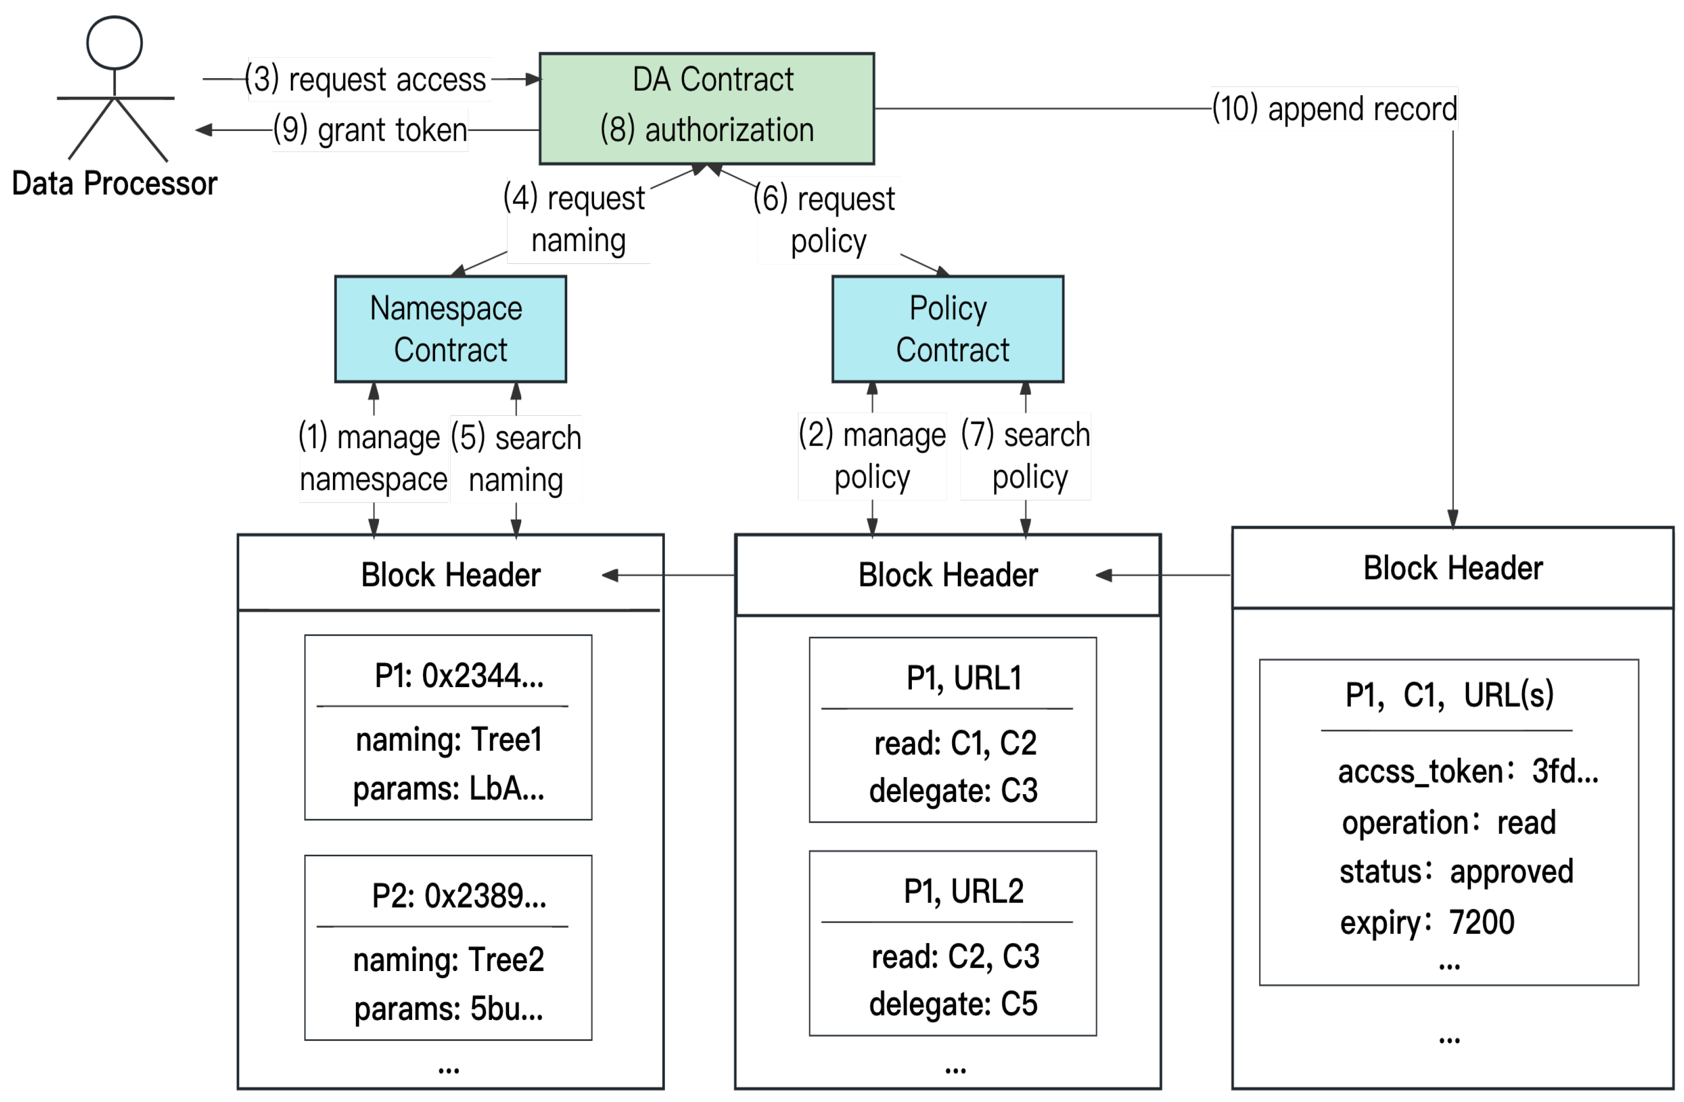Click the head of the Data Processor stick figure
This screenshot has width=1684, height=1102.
tap(114, 43)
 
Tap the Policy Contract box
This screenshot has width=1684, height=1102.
tap(948, 329)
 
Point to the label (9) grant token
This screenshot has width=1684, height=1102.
tap(370, 130)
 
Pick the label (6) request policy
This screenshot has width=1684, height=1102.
tap(826, 220)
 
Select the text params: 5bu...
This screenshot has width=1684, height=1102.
tap(448, 1009)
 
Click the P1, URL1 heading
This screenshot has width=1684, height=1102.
tap(964, 678)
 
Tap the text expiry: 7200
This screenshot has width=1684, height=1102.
tap(1427, 922)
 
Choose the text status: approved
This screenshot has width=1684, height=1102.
tap(1456, 871)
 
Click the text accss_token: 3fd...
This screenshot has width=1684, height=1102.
tap(1468, 771)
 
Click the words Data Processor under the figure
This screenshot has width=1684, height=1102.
tap(114, 183)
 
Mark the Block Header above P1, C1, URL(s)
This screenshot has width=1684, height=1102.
tap(1453, 568)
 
